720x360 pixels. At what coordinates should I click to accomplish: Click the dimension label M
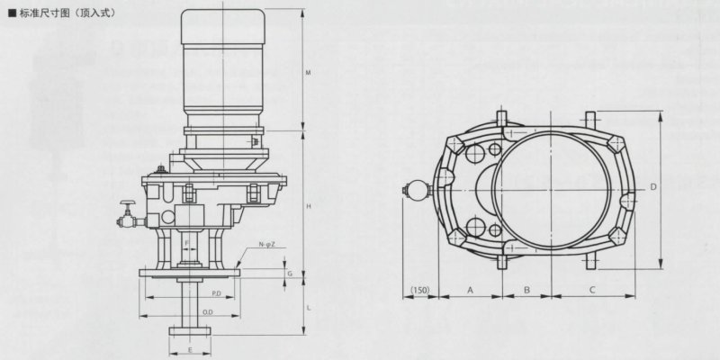click(308, 72)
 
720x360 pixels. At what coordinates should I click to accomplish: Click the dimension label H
click(308, 207)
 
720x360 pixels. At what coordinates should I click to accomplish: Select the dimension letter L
click(308, 308)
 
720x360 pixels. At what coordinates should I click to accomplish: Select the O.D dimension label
click(208, 312)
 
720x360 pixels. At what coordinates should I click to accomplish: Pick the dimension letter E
click(190, 348)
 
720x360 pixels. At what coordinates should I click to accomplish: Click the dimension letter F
click(186, 244)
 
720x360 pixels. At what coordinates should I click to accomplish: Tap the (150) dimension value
click(418, 291)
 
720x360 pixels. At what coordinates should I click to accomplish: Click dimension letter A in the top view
click(469, 291)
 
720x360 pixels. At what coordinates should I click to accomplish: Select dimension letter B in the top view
click(526, 291)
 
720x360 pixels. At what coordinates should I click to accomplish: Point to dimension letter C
click(591, 291)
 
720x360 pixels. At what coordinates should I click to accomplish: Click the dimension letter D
click(653, 186)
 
